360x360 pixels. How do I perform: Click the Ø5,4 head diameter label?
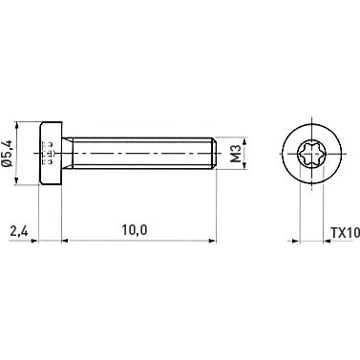click(10, 153)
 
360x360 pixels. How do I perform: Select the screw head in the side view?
click(51, 153)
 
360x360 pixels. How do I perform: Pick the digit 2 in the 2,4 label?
click(13, 230)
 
